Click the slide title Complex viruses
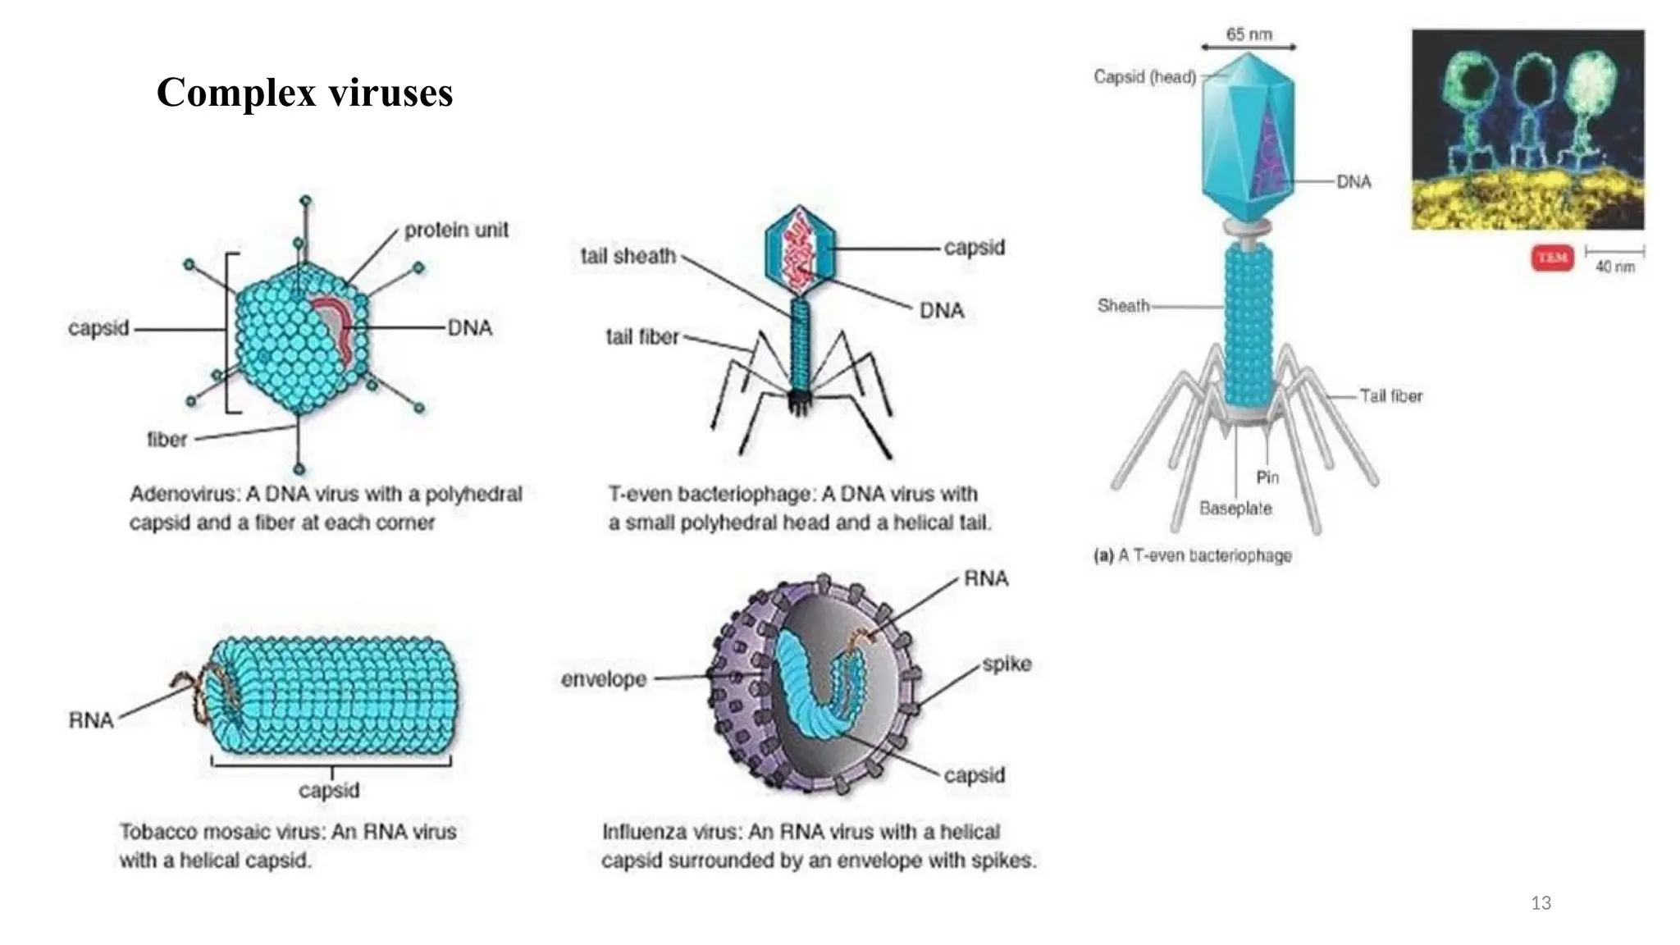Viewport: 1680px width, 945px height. [304, 92]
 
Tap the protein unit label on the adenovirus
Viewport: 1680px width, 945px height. [456, 230]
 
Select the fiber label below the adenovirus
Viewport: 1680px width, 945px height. [167, 440]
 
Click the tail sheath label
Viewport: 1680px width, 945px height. [628, 256]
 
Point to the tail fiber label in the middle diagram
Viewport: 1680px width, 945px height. [641, 337]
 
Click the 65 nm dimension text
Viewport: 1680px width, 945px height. [1249, 34]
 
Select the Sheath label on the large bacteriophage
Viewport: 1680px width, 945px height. [1122, 306]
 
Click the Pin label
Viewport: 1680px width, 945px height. [1267, 477]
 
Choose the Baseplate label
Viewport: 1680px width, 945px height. [1235, 509]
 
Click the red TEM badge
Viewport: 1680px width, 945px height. [1551, 258]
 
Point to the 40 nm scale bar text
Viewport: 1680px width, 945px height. [1614, 267]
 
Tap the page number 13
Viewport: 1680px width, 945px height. [1541, 903]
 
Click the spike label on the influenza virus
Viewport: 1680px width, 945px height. [1007, 664]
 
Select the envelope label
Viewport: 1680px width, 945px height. [604, 679]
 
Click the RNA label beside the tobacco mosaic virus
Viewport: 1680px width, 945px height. [90, 720]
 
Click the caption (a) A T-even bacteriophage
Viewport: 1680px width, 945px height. [1192, 555]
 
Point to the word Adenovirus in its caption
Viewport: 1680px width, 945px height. [184, 494]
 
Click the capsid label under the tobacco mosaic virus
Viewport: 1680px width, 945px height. [329, 790]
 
